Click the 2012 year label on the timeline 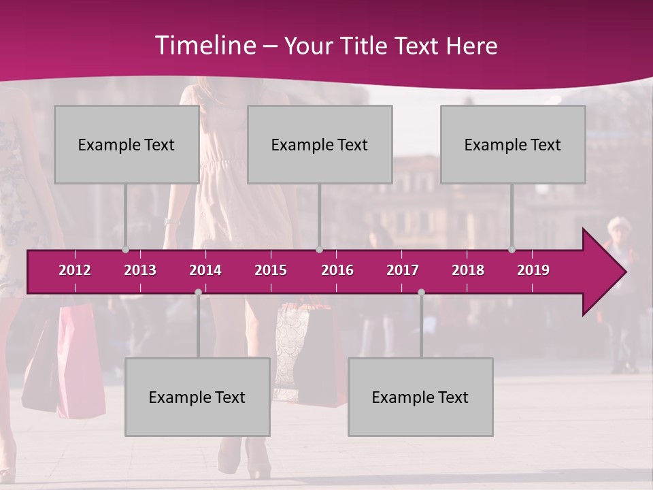75,270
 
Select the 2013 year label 140,270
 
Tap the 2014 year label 205,270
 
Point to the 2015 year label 271,270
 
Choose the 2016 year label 337,270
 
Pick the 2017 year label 403,270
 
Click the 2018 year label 468,270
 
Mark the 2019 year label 533,270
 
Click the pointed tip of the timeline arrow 624,272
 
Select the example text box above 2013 127,144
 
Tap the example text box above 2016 320,144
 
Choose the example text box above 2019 513,144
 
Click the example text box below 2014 197,397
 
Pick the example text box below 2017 420,397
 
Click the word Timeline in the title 204,46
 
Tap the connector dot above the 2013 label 125,250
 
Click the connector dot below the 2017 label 421,292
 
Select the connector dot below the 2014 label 198,292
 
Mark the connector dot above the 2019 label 512,250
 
